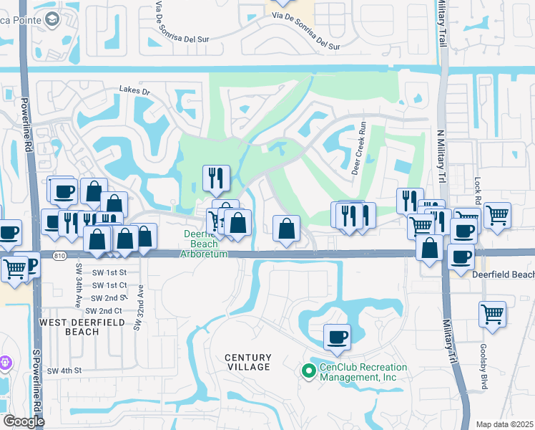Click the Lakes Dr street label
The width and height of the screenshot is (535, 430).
[x=136, y=92]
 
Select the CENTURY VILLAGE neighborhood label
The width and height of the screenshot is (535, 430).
[x=247, y=362]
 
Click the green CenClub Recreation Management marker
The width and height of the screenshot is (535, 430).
[x=308, y=371]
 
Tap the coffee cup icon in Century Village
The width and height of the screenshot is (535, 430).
[x=337, y=335]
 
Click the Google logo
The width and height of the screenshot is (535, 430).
[x=24, y=421]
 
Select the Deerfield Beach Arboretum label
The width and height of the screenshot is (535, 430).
[x=203, y=244]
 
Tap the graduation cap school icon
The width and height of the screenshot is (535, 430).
[x=51, y=21]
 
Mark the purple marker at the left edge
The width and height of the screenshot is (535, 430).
[x=4, y=363]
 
